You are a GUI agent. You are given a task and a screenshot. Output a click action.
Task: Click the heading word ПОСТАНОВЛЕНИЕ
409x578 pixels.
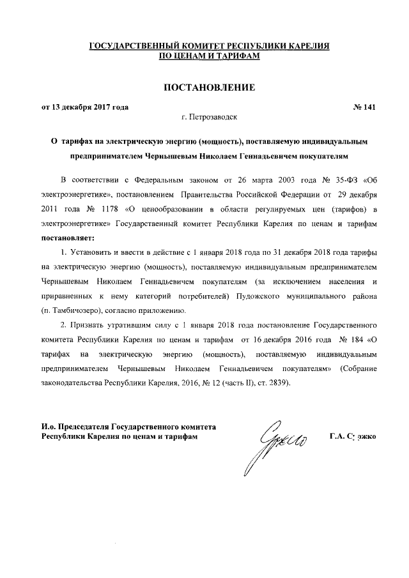tap(210, 87)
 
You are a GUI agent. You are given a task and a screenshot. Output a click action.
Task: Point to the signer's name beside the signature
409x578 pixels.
tap(353, 437)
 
